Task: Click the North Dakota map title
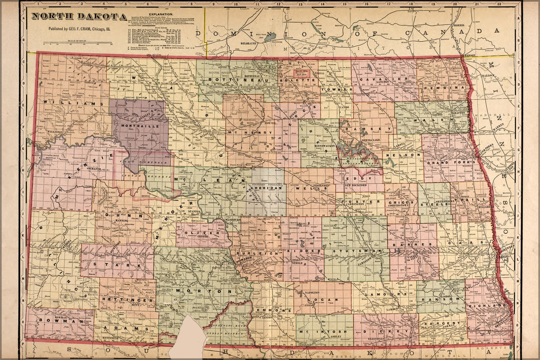(x=79, y=17)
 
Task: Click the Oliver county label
(x=196, y=233)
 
